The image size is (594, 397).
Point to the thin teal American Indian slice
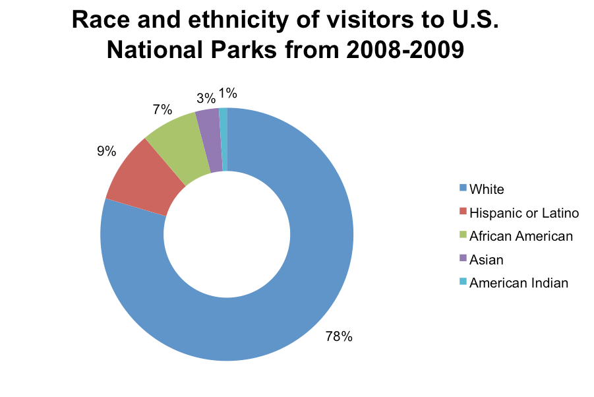pyautogui.click(x=223, y=138)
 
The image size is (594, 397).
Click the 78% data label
pyautogui.click(x=339, y=337)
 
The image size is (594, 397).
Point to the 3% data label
pyautogui.click(x=206, y=98)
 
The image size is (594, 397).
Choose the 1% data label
pyautogui.click(x=228, y=94)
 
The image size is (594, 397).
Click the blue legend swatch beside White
pyautogui.click(x=463, y=189)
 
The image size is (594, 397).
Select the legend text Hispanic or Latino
pyautogui.click(x=523, y=212)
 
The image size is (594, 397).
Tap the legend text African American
pyautogui.click(x=521, y=235)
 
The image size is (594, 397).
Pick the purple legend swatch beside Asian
pyautogui.click(x=463, y=259)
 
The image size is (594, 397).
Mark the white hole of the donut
pyautogui.click(x=227, y=234)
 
